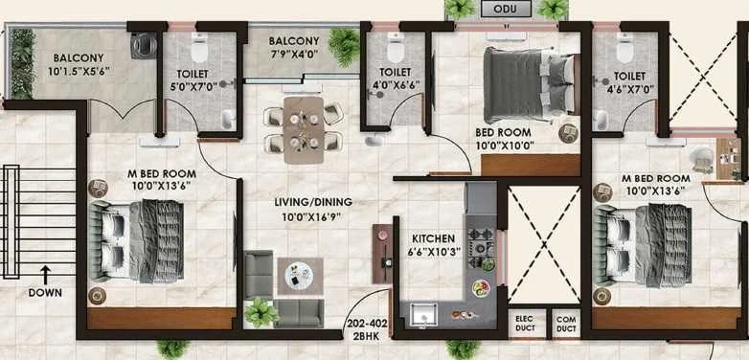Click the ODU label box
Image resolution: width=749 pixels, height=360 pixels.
tap(506, 9)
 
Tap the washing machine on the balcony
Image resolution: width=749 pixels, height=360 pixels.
tap(144, 45)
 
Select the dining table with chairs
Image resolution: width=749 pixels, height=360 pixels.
tap(304, 129)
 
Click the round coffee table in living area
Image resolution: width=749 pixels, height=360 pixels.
tap(299, 276)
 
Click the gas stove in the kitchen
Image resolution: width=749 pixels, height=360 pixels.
tap(480, 247)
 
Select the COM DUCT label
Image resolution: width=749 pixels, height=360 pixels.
tap(566, 324)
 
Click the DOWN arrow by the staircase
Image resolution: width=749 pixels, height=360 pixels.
tap(45, 276)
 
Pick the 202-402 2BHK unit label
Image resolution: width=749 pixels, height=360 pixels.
tap(367, 329)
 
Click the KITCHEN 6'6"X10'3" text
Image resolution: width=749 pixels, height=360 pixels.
tap(435, 245)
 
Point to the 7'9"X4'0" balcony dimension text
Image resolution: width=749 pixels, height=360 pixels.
tap(293, 53)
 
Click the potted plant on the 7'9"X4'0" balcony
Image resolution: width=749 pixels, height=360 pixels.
tap(344, 46)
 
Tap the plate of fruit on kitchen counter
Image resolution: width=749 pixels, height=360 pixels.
tap(481, 288)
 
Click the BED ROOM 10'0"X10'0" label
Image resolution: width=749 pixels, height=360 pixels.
tap(503, 139)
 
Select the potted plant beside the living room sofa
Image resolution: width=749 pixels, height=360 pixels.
tap(261, 313)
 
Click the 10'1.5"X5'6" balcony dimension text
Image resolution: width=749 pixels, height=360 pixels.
tap(79, 72)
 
